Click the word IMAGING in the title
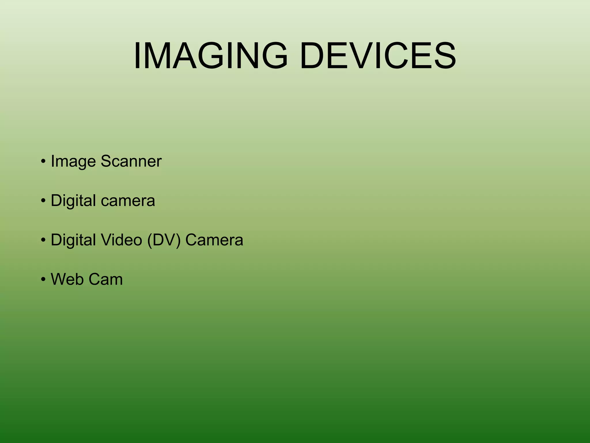click(211, 55)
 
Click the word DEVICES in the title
click(378, 55)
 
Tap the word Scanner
click(131, 161)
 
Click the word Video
click(121, 240)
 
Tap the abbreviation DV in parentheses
click(164, 240)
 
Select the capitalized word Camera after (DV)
click(214, 240)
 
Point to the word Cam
click(105, 279)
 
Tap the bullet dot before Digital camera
click(43, 201)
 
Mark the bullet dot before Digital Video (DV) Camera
click(43, 240)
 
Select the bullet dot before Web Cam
click(43, 279)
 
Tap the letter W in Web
click(60, 279)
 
